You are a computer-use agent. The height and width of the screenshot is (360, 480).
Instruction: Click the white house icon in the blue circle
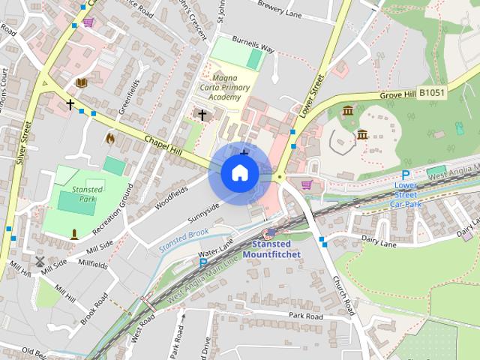(239, 172)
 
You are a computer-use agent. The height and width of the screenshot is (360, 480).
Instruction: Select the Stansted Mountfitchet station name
(276, 249)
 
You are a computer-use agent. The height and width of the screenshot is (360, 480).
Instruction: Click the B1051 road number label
(432, 92)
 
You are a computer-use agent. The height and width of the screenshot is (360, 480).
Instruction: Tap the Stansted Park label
(88, 194)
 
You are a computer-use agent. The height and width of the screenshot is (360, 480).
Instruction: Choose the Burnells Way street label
(253, 47)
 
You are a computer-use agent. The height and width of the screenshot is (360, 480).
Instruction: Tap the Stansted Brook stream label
(183, 239)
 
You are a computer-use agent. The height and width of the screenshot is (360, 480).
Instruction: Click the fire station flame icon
(110, 138)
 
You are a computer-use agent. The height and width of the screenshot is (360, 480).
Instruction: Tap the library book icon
(81, 82)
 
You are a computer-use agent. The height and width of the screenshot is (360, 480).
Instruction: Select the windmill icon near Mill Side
(40, 262)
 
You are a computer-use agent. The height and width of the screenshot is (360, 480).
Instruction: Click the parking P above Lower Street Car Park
(406, 175)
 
